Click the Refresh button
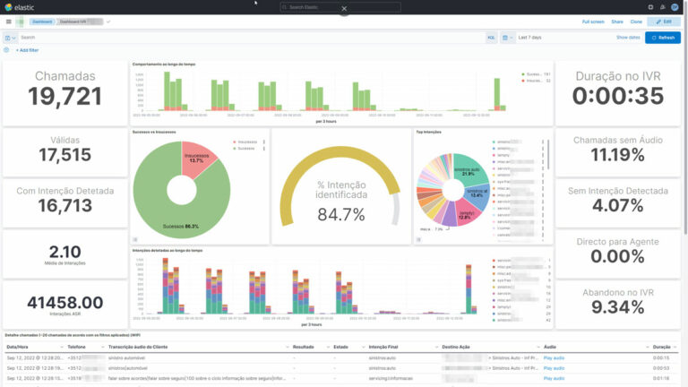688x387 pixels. click(x=663, y=38)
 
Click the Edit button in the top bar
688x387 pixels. click(x=663, y=21)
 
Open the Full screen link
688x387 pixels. click(x=592, y=21)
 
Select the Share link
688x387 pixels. click(x=617, y=21)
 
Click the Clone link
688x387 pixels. click(x=636, y=21)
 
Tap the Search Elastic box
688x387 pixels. click(x=340, y=7)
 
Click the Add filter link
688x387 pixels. click(x=28, y=50)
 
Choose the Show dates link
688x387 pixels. click(x=628, y=38)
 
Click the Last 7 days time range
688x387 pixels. click(x=530, y=38)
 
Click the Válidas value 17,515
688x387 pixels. click(x=64, y=155)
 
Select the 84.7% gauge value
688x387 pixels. click(x=340, y=214)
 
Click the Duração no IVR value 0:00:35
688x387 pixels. click(x=618, y=96)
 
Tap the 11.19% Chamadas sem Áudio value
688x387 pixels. click(x=618, y=155)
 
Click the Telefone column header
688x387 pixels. click(x=77, y=346)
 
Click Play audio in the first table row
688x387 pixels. click(x=554, y=357)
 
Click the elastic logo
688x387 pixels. click(x=21, y=7)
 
